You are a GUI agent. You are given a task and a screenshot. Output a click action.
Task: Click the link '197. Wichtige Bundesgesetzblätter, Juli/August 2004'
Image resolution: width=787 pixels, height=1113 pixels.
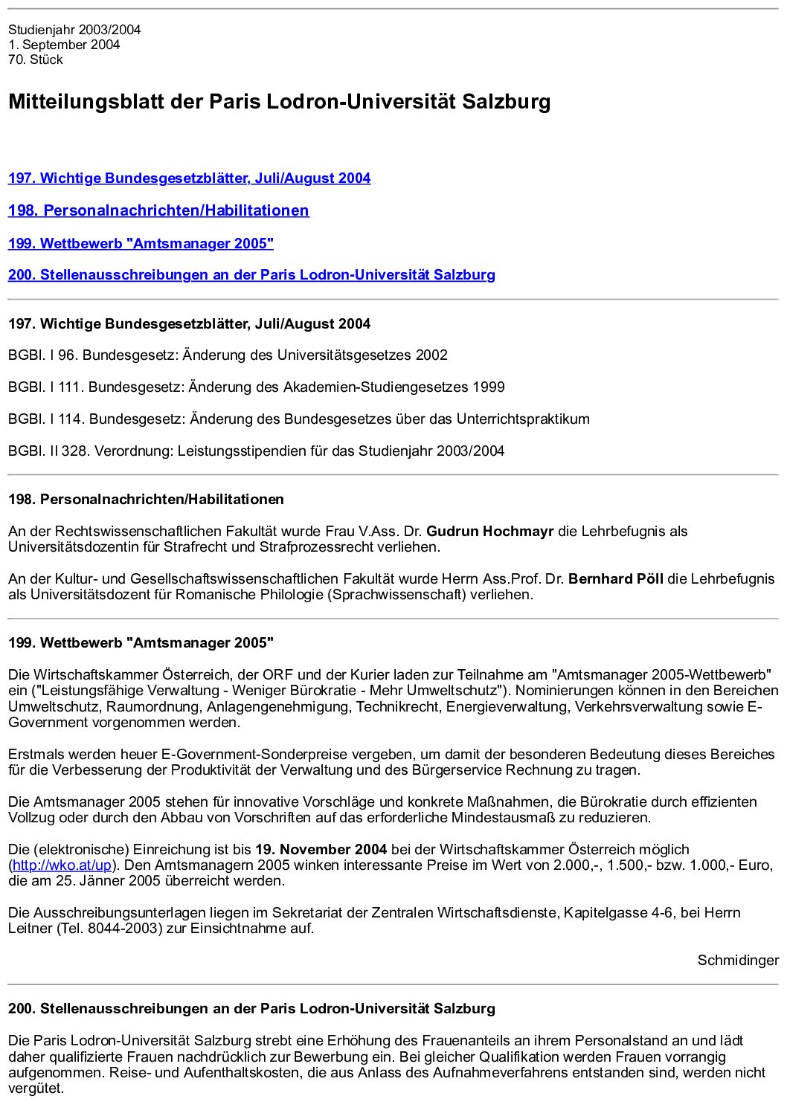click(189, 178)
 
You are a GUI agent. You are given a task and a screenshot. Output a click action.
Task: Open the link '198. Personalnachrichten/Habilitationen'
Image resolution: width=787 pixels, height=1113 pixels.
click(158, 210)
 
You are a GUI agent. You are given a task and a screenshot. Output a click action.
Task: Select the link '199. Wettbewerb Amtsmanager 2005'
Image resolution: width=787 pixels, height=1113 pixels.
click(141, 244)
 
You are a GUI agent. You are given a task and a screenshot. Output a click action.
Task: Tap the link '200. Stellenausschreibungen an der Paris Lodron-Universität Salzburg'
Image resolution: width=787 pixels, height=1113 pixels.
click(251, 275)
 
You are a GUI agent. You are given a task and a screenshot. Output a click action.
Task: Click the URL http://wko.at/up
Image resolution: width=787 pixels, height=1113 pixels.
click(62, 865)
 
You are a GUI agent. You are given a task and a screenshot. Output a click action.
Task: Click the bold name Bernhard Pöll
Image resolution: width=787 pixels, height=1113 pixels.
click(616, 579)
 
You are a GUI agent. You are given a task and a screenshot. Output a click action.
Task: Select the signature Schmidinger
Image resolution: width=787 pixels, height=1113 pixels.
click(738, 961)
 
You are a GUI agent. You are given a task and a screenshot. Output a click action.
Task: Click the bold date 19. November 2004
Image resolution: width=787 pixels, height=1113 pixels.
click(321, 850)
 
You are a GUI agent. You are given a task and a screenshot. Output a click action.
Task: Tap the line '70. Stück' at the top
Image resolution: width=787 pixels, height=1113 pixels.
click(36, 60)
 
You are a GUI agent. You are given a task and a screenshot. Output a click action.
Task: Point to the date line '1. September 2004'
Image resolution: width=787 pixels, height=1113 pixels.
click(64, 45)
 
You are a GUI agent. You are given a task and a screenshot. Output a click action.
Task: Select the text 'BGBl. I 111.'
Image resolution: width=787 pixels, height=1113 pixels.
click(46, 387)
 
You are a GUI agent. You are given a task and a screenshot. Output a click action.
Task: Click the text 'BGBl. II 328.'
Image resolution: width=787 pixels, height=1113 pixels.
click(49, 451)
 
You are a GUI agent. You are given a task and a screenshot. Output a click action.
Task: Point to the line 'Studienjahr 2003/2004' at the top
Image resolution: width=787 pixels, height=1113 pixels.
click(74, 30)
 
